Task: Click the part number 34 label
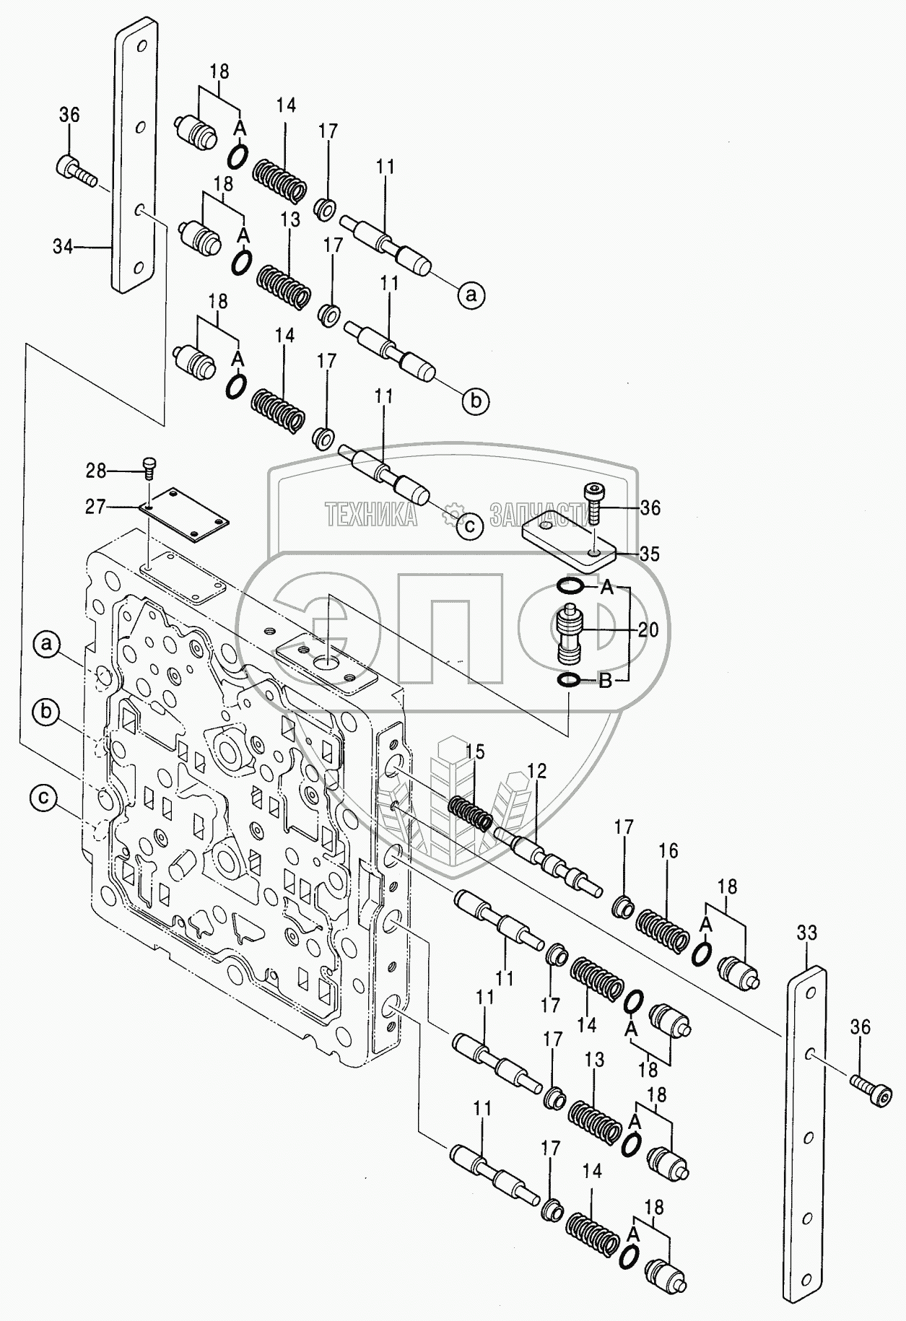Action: [63, 247]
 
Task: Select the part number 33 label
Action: [806, 933]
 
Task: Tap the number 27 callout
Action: [95, 507]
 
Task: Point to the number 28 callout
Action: [95, 471]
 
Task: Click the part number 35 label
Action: [650, 554]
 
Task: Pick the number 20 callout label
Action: [648, 630]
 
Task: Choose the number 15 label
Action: [474, 752]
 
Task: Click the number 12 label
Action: [536, 771]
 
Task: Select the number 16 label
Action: [668, 851]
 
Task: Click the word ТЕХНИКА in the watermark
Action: [370, 515]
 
